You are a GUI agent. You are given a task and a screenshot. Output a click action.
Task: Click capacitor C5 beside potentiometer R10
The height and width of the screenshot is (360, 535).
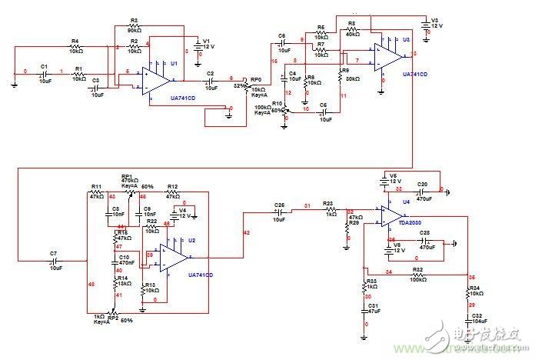tap(323, 111)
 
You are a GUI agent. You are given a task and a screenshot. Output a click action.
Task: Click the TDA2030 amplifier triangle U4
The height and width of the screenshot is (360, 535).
tap(392, 217)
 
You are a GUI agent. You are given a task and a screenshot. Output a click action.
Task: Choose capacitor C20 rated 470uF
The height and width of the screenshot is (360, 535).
tap(421, 191)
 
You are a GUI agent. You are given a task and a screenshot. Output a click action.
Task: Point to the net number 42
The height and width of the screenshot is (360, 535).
tap(246, 232)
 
